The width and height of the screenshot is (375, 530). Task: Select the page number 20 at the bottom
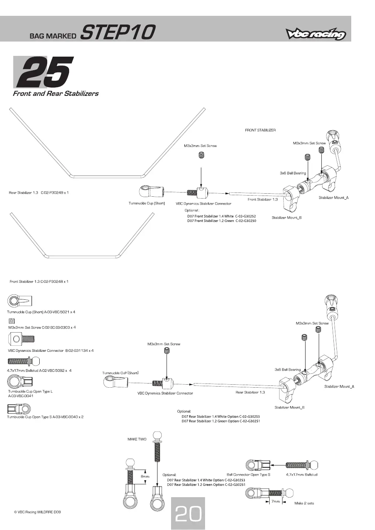188,513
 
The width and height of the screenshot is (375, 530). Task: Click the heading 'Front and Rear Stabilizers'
56,94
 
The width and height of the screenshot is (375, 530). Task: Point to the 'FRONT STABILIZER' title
261,130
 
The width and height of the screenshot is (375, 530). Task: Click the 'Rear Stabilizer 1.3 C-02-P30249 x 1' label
39,193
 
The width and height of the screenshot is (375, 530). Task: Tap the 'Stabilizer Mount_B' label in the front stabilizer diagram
287,218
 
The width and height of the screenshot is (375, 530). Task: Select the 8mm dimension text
145,476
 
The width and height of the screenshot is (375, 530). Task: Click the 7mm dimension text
276,501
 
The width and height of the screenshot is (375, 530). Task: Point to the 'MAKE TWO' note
137,439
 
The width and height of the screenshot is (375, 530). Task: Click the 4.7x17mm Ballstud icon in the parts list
23,361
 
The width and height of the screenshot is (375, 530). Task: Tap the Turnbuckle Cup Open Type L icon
20,381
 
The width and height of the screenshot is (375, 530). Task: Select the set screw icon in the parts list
12,321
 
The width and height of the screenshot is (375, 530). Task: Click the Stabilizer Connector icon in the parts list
21,339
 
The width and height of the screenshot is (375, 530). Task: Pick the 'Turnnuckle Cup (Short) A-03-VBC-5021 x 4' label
41,312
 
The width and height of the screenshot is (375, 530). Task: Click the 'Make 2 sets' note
304,503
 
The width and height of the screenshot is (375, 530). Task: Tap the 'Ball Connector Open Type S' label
248,475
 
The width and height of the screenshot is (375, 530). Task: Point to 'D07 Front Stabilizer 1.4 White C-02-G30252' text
222,216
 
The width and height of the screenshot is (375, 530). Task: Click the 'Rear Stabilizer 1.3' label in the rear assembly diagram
250,392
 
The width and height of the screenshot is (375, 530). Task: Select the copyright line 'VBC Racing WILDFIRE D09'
37,512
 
